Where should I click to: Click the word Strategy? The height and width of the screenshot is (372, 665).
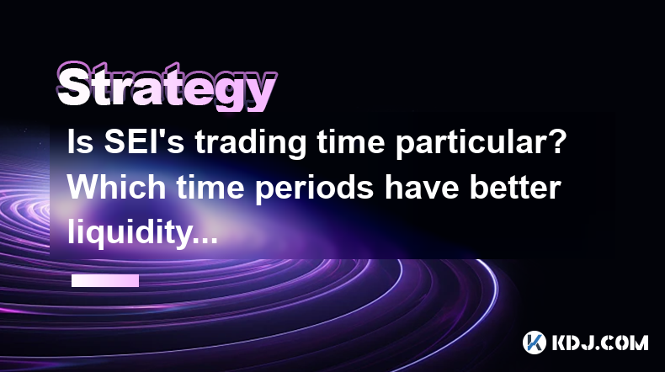coord(167,88)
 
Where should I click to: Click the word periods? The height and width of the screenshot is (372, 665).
coord(314,190)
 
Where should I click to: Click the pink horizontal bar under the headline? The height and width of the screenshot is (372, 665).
coord(105,280)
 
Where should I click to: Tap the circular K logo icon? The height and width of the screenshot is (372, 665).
coord(535,343)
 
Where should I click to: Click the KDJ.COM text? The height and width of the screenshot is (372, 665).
coord(599,343)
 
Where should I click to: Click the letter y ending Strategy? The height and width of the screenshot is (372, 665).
coord(259,94)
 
